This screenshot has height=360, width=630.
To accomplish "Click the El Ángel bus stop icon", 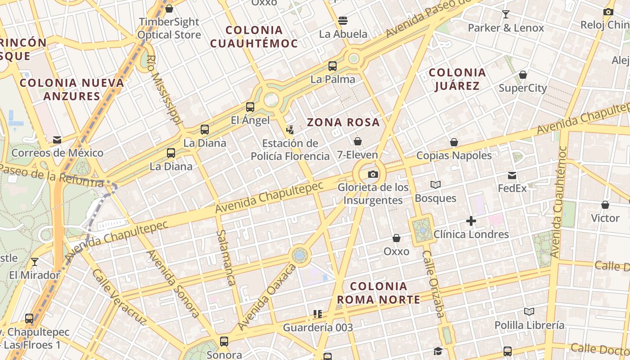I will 250,107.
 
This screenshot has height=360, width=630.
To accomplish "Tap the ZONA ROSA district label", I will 343,122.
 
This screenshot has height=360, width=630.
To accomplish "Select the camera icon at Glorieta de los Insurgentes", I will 373,175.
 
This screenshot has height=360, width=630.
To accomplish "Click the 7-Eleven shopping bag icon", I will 358,141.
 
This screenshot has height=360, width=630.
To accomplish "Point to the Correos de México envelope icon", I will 57,140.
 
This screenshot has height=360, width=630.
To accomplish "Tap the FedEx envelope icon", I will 512,175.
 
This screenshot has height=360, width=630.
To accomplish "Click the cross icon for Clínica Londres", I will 471,221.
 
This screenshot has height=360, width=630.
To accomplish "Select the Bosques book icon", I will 435,184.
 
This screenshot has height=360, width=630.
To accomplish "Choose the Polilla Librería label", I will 529,325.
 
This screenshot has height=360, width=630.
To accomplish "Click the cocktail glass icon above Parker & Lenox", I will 506,14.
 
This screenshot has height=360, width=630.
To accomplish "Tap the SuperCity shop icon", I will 523,75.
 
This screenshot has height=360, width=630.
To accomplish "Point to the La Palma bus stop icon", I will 333,66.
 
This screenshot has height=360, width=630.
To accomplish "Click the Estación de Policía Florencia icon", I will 290,130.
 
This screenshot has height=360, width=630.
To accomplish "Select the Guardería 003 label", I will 318,327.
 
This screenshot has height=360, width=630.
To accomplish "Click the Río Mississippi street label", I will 164,90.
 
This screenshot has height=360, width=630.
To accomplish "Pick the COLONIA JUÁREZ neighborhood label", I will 457,79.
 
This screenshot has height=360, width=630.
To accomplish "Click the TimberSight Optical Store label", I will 169,28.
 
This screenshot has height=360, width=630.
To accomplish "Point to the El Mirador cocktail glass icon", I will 35,262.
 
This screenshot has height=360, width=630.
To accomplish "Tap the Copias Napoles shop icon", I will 454,143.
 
